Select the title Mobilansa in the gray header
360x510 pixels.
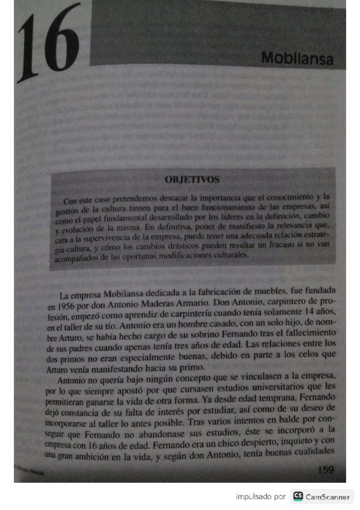coord(297,59)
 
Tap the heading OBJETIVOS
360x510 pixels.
coord(192,179)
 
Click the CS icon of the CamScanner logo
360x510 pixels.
coord(298,497)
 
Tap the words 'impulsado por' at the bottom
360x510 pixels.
coord(260,497)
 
